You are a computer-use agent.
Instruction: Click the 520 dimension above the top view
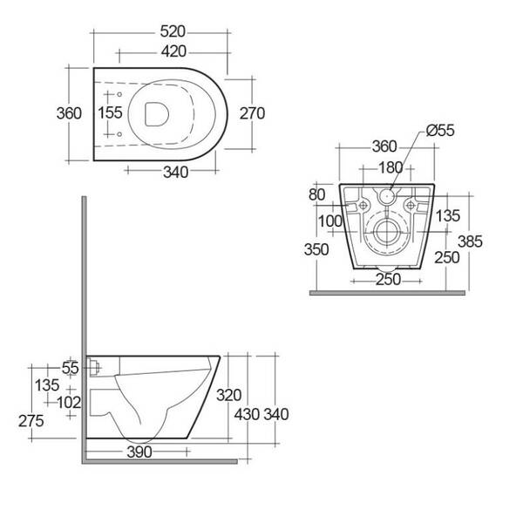pos(173,31)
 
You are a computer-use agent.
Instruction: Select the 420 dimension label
pos(173,51)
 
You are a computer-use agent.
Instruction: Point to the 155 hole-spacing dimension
pos(110,112)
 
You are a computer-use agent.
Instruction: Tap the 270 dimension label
pos(252,113)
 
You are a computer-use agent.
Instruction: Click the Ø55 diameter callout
pos(440,131)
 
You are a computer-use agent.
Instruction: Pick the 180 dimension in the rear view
pos(391,167)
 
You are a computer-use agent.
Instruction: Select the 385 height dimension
pos(470,241)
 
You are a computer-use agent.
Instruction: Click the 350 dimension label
pos(316,249)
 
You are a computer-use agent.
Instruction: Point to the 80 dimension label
pos(316,194)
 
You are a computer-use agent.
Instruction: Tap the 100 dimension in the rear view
pos(330,221)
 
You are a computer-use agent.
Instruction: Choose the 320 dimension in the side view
pos(228,396)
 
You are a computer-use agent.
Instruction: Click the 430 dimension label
pos(247,415)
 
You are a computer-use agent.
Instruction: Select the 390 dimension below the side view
pos(139,452)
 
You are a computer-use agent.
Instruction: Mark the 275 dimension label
pos(31,421)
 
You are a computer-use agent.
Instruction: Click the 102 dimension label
pos(69,403)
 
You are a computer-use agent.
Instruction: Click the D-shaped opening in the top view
pos(157,114)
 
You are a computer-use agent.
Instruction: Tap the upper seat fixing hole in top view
pos(119,94)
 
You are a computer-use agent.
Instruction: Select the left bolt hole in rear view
pos(363,205)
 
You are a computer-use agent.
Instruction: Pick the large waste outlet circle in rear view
pos(387,232)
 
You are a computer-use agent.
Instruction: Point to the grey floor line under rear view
pos(387,293)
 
